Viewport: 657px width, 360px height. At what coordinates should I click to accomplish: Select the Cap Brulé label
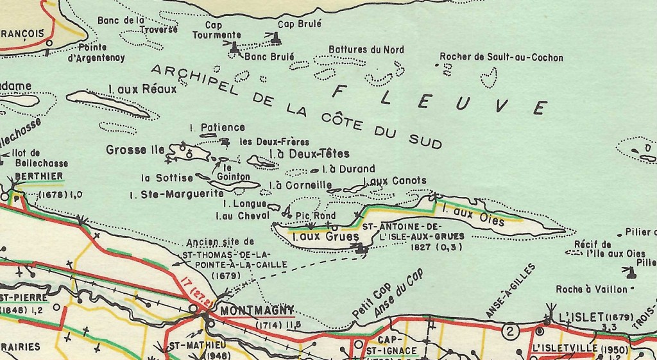pyautogui.click(x=299, y=23)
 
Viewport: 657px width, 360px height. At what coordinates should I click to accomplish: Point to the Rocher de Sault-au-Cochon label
pyautogui.click(x=501, y=58)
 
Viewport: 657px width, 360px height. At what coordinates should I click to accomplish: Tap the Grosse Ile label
pyautogui.click(x=135, y=150)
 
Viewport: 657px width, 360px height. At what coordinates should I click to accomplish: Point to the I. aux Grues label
pyautogui.click(x=316, y=237)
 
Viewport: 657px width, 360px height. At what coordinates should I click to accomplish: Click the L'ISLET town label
pyautogui.click(x=579, y=318)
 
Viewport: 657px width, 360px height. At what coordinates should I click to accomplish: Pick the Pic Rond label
pyautogui.click(x=315, y=216)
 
